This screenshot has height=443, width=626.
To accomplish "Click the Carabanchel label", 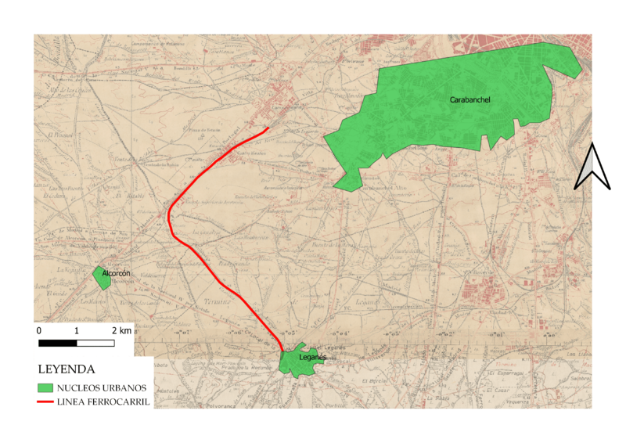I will click(x=469, y=100).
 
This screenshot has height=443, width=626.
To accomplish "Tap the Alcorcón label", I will click(x=116, y=273).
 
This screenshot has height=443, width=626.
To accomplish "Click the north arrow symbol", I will click(x=592, y=167).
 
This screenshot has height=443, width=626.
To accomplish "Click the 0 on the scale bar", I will click(x=39, y=332).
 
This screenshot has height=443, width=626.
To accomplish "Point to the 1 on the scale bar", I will click(x=77, y=332).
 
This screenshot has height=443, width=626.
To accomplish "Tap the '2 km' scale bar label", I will click(x=121, y=332).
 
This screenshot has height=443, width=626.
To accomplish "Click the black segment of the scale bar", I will click(x=57, y=343).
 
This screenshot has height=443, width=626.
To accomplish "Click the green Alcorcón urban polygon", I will click(x=100, y=276).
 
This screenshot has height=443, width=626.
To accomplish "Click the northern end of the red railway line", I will click(x=268, y=128).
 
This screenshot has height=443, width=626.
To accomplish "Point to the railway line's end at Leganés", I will click(x=282, y=350).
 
